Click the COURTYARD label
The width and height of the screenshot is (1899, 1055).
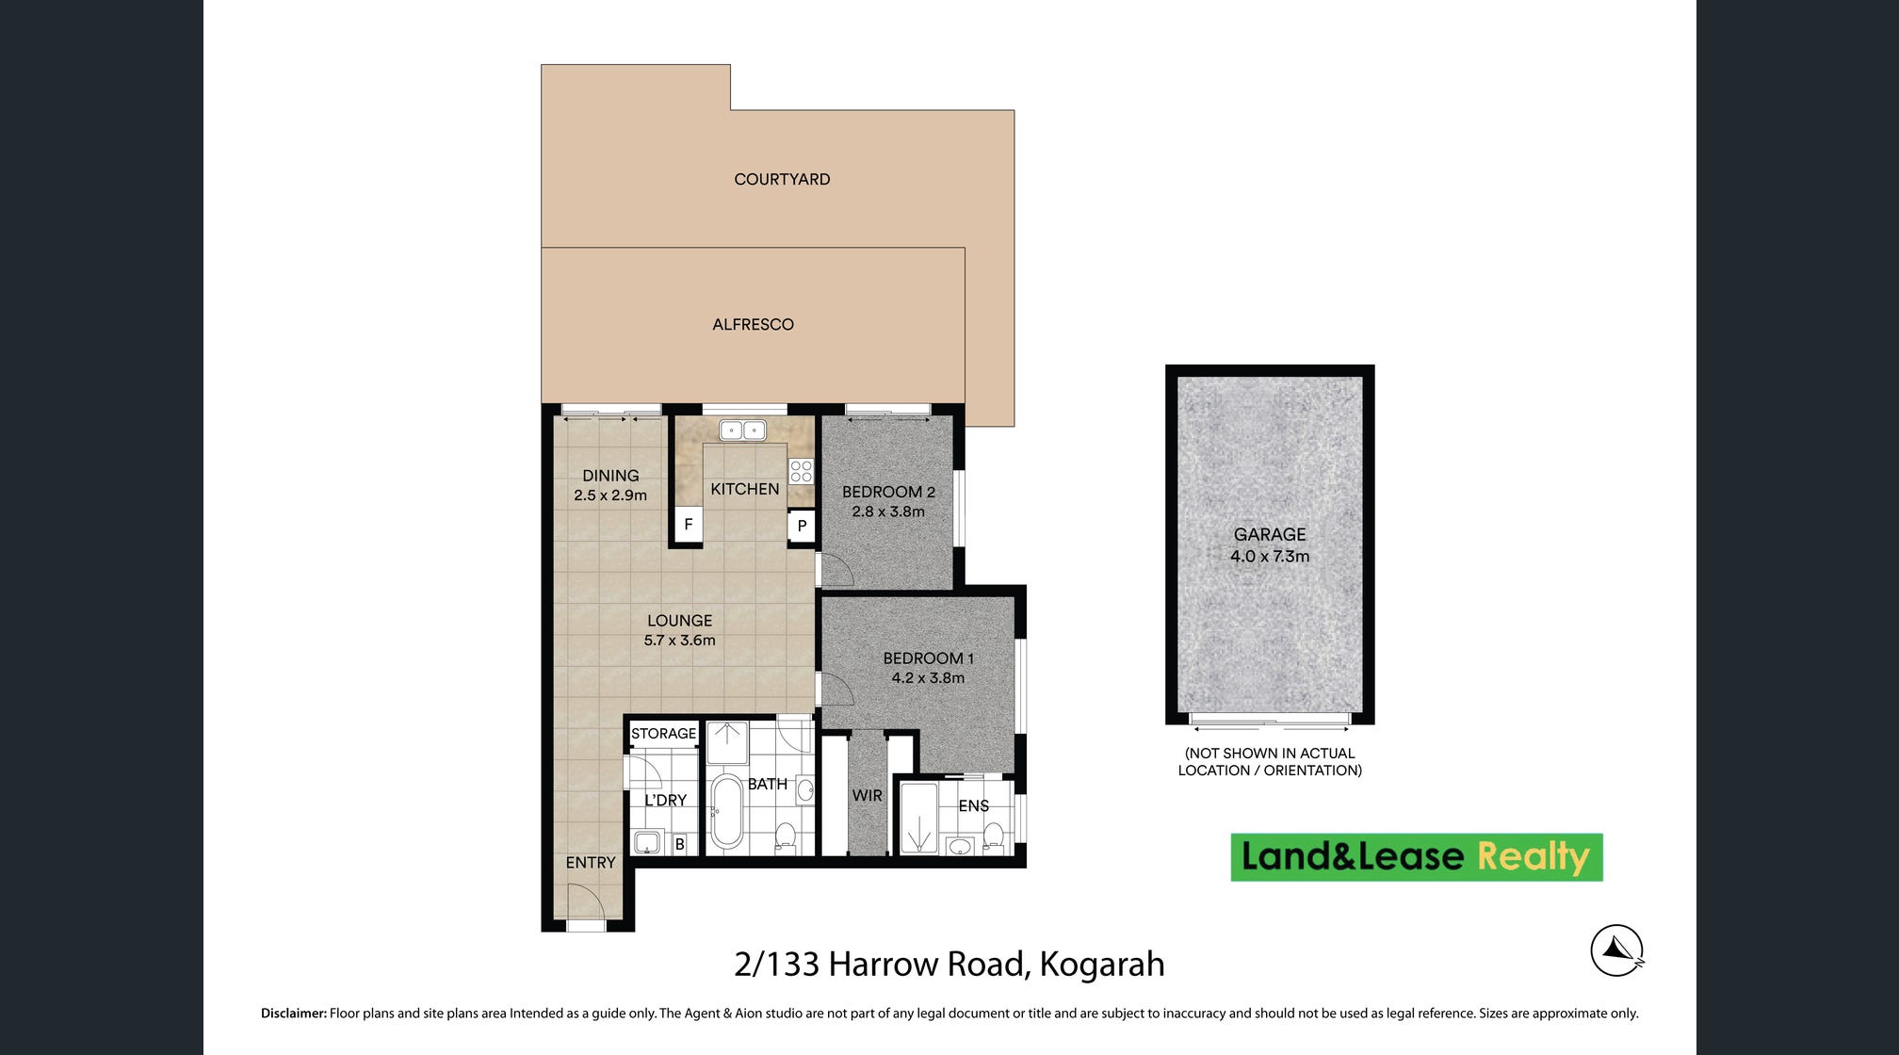[x=782, y=179]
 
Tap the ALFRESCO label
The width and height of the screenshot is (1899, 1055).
[x=753, y=324]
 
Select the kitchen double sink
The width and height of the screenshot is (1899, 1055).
[x=742, y=430]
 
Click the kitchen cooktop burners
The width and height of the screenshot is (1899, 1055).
[x=801, y=471]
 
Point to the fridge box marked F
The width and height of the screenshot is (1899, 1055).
[x=689, y=525]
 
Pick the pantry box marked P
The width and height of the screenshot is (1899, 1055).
[x=802, y=526]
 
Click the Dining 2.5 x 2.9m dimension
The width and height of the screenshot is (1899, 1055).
[x=610, y=495]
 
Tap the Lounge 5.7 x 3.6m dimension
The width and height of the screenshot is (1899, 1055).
[x=679, y=641]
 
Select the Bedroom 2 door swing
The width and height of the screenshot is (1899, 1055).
[x=836, y=570]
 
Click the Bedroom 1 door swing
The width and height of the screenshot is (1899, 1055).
[x=836, y=690]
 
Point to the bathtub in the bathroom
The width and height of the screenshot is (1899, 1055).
[x=726, y=811]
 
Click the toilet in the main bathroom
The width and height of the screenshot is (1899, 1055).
[x=785, y=836]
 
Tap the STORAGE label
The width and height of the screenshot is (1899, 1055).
[x=663, y=734]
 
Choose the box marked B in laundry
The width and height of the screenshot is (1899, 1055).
[x=679, y=844]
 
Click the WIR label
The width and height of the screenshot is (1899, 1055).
[x=867, y=796]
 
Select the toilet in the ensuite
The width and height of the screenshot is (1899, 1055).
[x=993, y=836]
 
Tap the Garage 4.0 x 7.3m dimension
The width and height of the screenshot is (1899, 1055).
[x=1270, y=557]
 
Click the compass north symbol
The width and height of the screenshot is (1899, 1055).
[x=1617, y=950]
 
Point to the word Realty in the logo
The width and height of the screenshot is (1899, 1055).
[x=1534, y=857]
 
